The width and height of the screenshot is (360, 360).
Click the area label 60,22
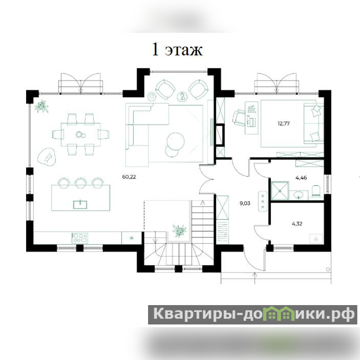[129, 177]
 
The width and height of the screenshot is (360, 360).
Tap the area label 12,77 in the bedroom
[283, 123]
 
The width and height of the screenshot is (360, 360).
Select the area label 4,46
[301, 178]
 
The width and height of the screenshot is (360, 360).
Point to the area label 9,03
[245, 203]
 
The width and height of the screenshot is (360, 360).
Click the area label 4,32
[297, 224]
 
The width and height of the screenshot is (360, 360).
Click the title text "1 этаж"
[177, 49]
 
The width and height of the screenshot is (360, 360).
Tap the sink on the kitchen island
[80, 204]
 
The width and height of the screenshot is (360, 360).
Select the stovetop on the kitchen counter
[80, 238]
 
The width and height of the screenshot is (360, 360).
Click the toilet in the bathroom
[316, 191]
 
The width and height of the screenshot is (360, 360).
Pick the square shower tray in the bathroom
[280, 190]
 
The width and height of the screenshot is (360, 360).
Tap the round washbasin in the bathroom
[298, 195]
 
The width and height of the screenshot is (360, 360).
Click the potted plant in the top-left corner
[42, 106]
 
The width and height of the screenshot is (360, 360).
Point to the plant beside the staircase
[180, 231]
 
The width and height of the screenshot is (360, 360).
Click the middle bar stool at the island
[81, 183]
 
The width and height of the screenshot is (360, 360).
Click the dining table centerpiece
[80, 135]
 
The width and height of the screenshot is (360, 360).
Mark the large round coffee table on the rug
[175, 141]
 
